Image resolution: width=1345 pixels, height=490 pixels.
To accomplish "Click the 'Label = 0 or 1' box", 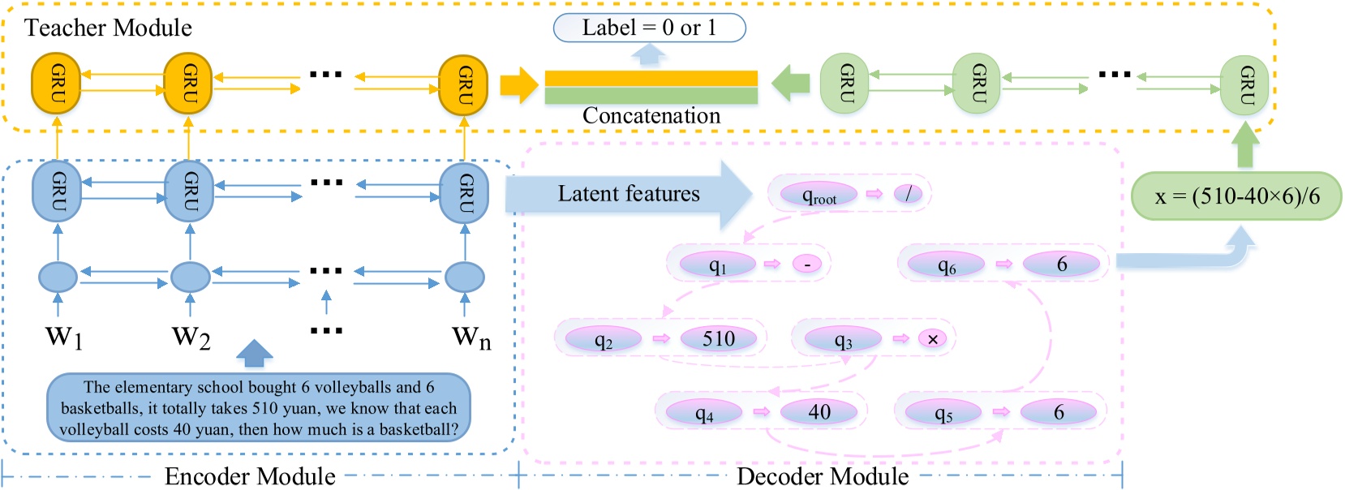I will click(649, 28).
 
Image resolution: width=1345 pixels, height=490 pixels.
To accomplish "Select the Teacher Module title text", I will click(108, 28).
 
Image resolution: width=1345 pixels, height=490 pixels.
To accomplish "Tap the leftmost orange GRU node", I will click(56, 83).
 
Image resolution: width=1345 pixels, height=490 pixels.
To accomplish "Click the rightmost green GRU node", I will click(1244, 84).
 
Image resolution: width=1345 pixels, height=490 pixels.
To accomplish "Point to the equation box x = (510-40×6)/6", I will click(1235, 196).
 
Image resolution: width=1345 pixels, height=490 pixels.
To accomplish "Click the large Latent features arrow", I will click(629, 194).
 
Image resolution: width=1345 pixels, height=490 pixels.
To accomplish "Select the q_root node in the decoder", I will click(819, 195).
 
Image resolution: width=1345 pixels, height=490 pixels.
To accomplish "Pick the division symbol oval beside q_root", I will click(909, 194).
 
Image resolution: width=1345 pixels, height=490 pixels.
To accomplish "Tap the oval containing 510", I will click(718, 338).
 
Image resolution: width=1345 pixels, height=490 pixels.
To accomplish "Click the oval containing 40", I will click(819, 412).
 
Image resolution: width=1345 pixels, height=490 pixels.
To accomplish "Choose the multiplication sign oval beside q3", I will click(932, 339).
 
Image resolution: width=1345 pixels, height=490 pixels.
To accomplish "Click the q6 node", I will click(946, 264).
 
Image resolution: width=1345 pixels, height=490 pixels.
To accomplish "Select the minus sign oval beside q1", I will click(807, 264).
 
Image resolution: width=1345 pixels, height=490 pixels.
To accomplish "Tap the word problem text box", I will click(259, 408).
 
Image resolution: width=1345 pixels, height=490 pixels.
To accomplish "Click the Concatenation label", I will click(651, 116).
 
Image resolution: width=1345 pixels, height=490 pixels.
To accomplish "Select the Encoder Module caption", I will click(250, 476).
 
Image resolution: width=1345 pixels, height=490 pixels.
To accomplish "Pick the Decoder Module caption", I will click(822, 476).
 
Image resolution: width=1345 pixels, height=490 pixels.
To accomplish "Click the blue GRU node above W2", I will click(189, 191).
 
